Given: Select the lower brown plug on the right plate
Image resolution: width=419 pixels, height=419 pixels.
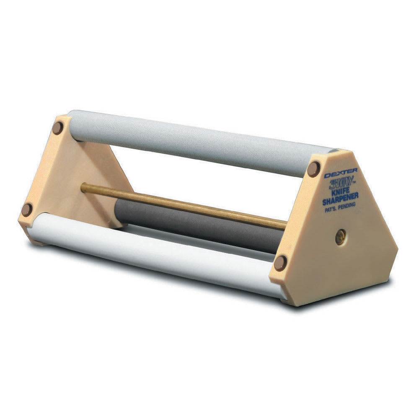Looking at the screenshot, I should click(280, 263).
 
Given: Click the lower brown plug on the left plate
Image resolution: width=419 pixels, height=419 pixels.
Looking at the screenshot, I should click(27, 209).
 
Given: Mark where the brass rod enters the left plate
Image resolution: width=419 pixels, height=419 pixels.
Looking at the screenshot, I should click(83, 187).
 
